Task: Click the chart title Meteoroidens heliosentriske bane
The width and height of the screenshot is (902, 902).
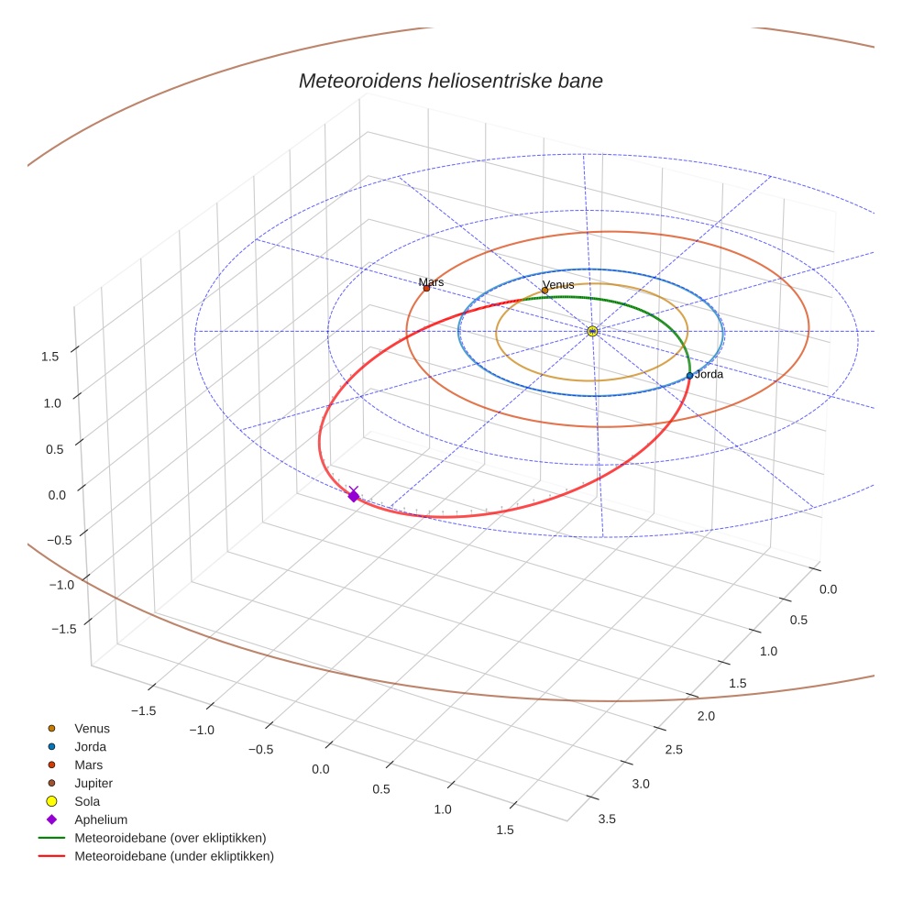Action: (x=450, y=81)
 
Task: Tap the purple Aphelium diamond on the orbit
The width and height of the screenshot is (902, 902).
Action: (x=354, y=496)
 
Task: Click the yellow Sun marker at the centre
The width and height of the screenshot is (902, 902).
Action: (x=592, y=330)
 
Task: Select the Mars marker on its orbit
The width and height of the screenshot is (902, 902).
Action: (x=426, y=289)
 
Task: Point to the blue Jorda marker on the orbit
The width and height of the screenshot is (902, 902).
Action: (x=689, y=376)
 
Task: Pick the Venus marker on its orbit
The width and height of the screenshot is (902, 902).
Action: (x=544, y=291)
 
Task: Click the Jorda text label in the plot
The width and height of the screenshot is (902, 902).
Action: (x=709, y=374)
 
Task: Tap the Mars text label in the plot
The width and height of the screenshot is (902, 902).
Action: (x=431, y=282)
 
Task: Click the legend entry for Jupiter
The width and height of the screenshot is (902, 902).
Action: (x=93, y=783)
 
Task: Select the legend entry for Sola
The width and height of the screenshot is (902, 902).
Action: (x=89, y=801)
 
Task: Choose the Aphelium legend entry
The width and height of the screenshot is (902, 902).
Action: (x=101, y=819)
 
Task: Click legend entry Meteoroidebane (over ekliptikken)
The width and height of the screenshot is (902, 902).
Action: (x=170, y=838)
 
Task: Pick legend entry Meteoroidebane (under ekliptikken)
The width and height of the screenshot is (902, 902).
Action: (x=174, y=856)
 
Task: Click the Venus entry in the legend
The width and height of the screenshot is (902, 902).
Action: (x=92, y=728)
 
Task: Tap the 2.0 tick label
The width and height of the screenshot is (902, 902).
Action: (x=705, y=715)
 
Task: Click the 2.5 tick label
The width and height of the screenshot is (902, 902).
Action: (x=674, y=750)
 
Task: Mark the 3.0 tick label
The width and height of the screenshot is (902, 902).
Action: (x=640, y=784)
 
